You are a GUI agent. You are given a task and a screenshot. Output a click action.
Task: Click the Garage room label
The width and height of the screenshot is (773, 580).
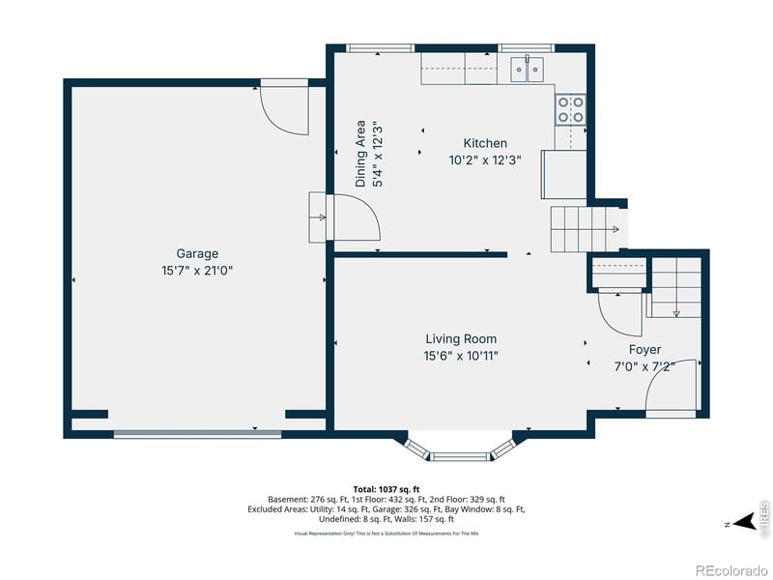(x=196, y=254)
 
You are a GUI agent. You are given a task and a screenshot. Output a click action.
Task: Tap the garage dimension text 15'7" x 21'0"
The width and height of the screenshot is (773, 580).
(x=196, y=271)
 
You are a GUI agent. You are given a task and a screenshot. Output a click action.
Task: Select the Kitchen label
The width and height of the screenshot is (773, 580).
(x=485, y=143)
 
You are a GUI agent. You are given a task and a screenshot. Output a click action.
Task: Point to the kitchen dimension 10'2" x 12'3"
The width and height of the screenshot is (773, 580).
(x=485, y=160)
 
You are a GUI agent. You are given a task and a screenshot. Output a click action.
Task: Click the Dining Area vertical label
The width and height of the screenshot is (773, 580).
(x=360, y=153)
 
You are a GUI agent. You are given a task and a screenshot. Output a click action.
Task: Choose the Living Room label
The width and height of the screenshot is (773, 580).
(x=461, y=338)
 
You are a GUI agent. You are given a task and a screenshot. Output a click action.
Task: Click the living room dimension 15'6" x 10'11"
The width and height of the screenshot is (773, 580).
(x=461, y=356)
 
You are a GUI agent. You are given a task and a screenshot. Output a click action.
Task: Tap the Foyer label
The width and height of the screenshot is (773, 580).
(x=644, y=349)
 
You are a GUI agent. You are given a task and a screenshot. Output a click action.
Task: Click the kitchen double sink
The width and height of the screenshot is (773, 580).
(x=528, y=69)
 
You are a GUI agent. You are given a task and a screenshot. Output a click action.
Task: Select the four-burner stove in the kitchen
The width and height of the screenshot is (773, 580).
(x=570, y=109)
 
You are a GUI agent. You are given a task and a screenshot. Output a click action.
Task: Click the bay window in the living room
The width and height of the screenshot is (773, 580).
(x=461, y=450)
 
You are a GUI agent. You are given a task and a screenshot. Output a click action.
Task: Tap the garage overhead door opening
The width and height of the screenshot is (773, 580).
(x=197, y=434)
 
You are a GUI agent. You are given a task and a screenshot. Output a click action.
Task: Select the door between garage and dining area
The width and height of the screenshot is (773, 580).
(x=334, y=217)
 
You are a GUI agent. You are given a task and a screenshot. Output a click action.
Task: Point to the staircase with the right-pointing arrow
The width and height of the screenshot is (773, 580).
(x=584, y=229)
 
